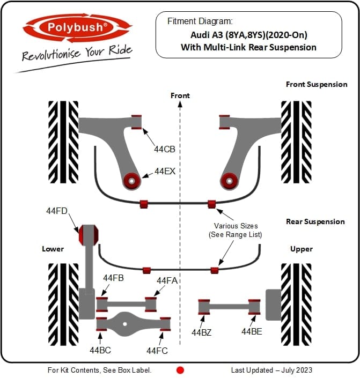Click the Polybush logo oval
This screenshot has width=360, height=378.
[x=77, y=27]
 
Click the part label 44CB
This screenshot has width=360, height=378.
[x=165, y=149]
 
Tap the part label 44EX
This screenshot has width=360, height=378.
[x=165, y=171]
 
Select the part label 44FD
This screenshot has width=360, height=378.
[x=57, y=211]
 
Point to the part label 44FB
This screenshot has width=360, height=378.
[x=113, y=278]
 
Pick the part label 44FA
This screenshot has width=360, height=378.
[x=167, y=280]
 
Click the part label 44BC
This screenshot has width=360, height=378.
[x=100, y=350]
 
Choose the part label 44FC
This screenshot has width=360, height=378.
[x=157, y=351]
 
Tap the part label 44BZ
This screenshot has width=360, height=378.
[x=202, y=332]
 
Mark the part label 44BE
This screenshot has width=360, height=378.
[x=252, y=332]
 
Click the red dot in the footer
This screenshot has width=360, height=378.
[x=180, y=370]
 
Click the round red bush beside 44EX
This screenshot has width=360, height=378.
[x=132, y=181]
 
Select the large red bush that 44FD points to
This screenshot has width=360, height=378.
[x=89, y=235]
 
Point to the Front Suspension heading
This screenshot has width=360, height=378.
[x=317, y=84]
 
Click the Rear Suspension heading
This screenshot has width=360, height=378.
[x=315, y=221]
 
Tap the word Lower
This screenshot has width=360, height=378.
[x=53, y=249]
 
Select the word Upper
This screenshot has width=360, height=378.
[x=302, y=249]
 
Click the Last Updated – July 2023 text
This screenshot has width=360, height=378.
[x=271, y=370]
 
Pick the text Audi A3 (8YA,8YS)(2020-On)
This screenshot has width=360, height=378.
[x=249, y=35]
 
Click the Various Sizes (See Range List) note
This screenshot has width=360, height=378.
[x=235, y=230]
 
